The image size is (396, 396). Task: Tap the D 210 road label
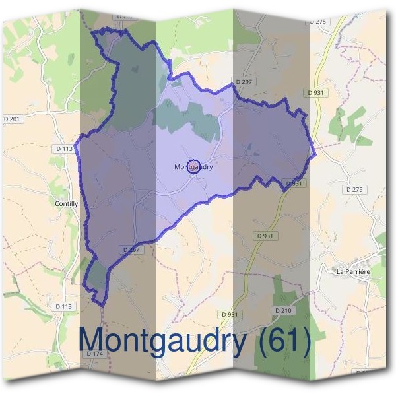[x=282, y=310]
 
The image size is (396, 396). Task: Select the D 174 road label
[x=95, y=354]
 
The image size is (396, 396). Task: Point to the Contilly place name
[x=67, y=204]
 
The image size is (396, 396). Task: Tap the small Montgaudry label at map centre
[x=193, y=167]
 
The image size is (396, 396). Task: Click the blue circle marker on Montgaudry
[x=193, y=167]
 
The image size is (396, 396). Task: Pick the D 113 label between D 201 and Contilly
[x=65, y=148]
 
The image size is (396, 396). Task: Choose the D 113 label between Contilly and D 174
[x=63, y=306]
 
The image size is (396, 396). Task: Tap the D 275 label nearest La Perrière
[x=355, y=189]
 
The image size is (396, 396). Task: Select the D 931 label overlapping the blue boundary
[x=294, y=183]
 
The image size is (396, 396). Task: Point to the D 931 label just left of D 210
[x=229, y=314]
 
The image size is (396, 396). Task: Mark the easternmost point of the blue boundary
[x=315, y=154]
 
